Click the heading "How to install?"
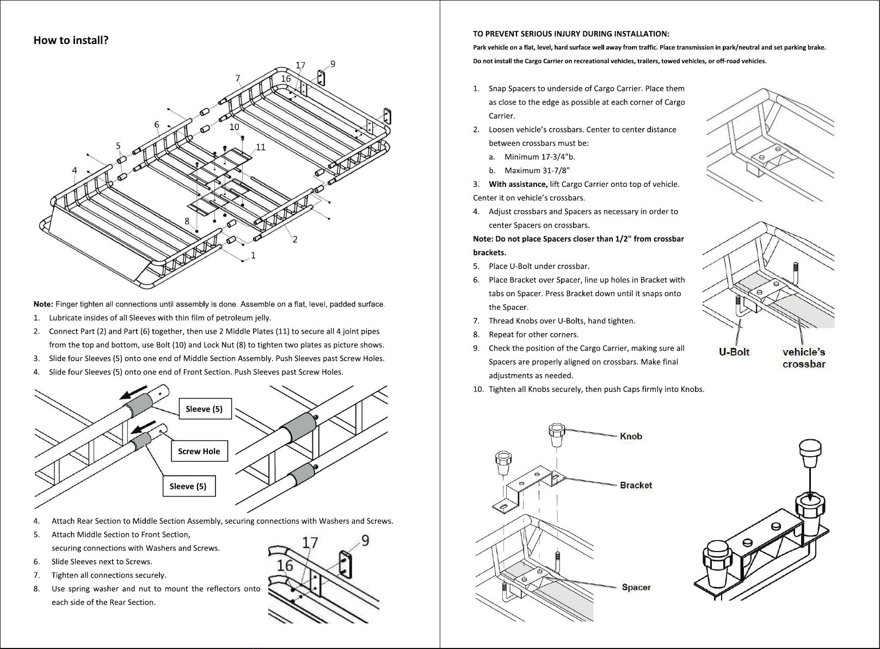click(x=71, y=40)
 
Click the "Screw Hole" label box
click(x=199, y=451)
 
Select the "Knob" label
click(x=631, y=436)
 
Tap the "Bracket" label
click(x=636, y=485)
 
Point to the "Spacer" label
click(x=636, y=587)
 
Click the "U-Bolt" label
click(x=734, y=352)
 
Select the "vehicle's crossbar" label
click(x=803, y=358)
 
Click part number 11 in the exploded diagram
click(x=261, y=148)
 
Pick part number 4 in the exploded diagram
click(x=75, y=170)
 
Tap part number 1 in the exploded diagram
click(x=254, y=255)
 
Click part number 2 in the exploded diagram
click(x=295, y=239)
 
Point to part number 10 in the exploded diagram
click(x=234, y=127)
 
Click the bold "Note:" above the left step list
click(x=43, y=304)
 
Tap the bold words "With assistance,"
click(x=518, y=184)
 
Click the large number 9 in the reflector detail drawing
click(x=365, y=541)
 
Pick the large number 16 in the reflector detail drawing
click(x=285, y=566)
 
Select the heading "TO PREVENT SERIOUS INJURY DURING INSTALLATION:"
click(x=571, y=34)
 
